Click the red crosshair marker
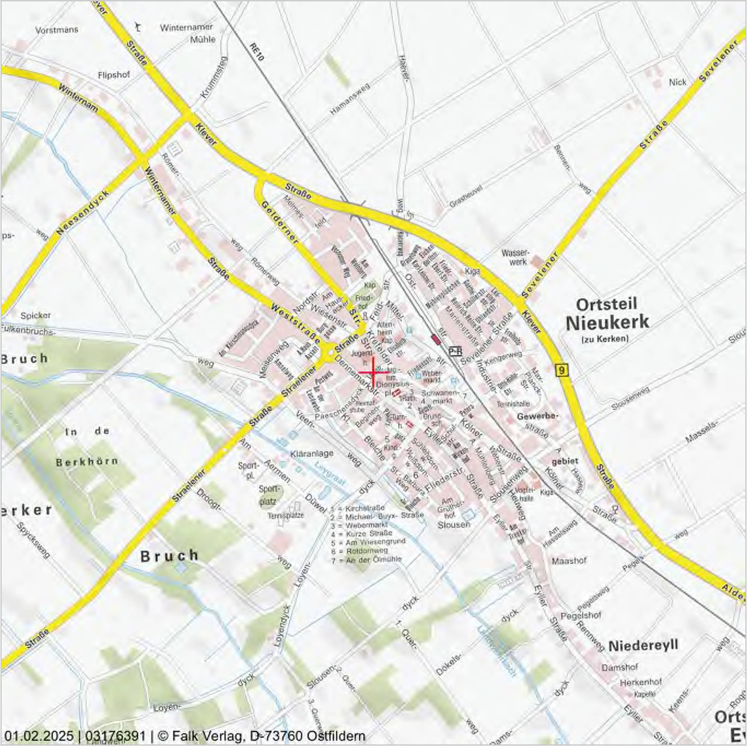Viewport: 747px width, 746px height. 373,372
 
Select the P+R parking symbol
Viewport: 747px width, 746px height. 456,351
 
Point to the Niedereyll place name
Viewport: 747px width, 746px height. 643,645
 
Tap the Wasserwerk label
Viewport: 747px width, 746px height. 515,257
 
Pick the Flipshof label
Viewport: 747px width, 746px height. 114,74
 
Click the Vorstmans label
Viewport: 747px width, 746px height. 56,30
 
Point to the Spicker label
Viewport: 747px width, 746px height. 36,315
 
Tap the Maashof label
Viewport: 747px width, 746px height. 569,561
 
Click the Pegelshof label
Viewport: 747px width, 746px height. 580,615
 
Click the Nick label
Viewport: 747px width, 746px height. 677,82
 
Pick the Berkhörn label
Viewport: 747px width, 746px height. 87,462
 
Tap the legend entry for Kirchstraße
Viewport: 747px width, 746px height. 358,508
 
